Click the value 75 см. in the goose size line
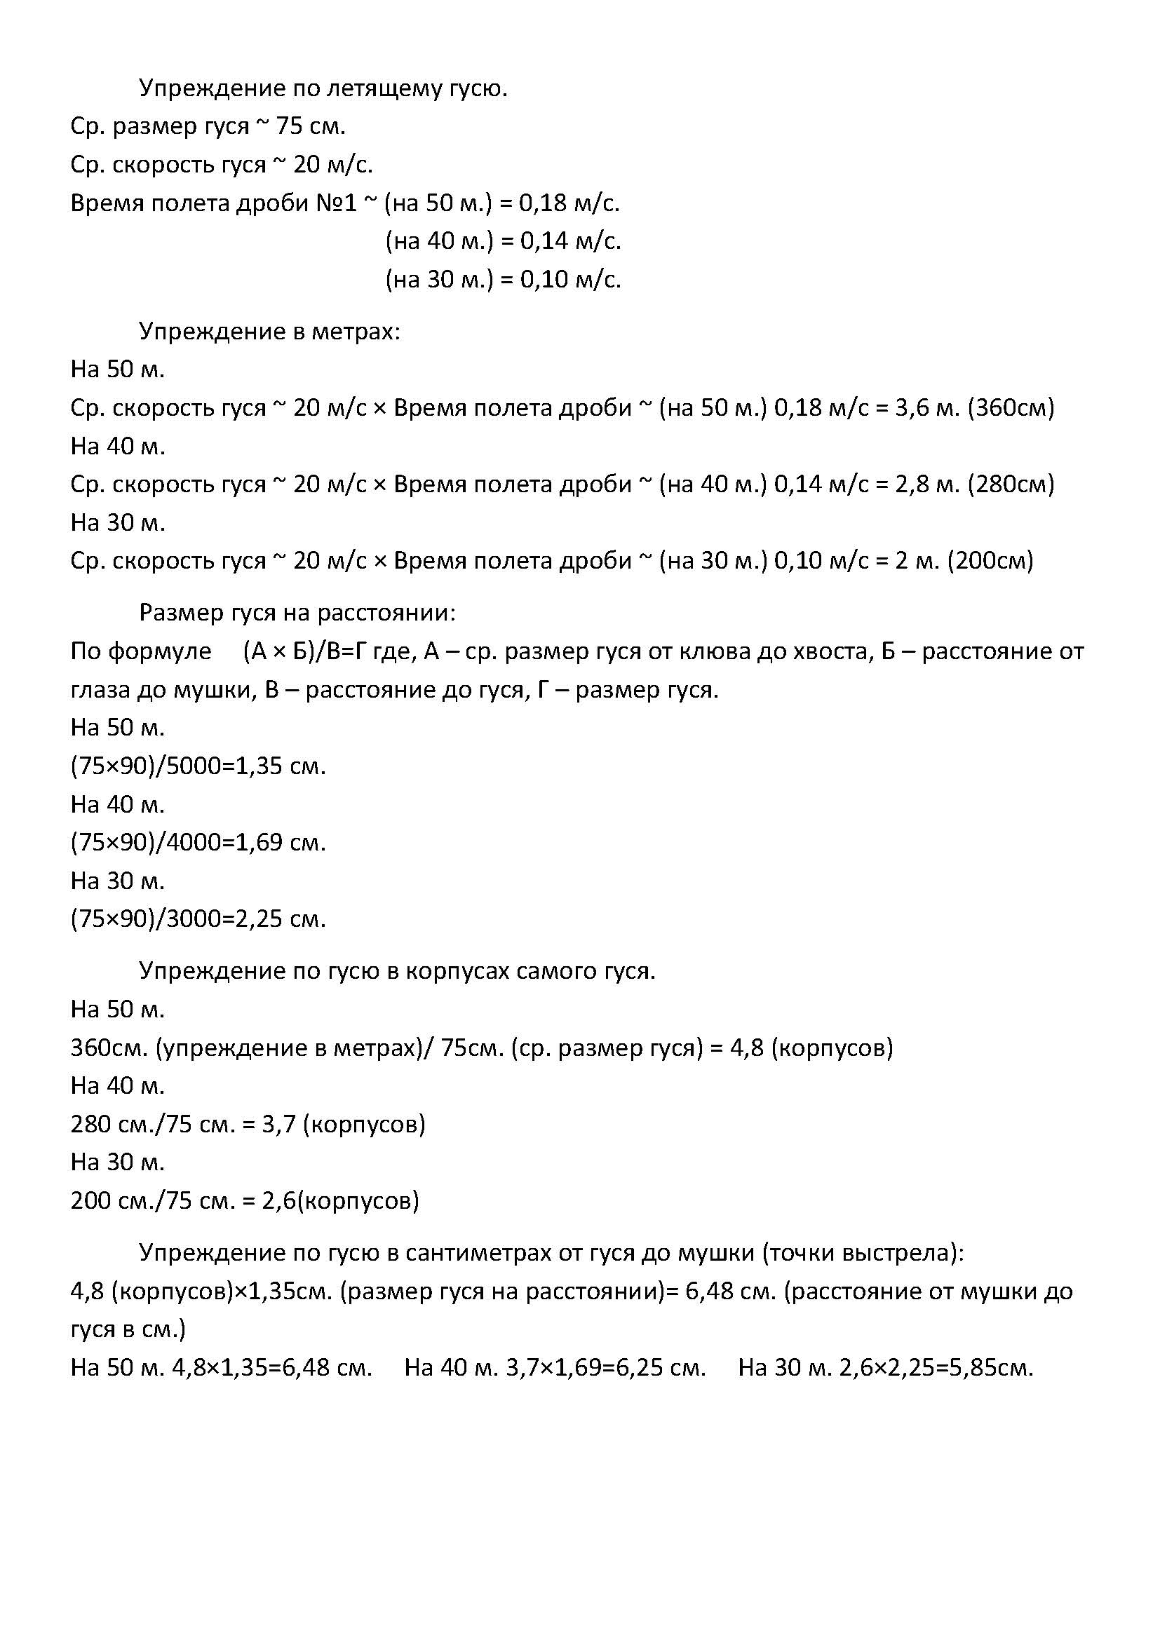311,127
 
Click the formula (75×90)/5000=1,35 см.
198,766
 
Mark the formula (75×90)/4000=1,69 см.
198,843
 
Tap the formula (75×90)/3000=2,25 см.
198,919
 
